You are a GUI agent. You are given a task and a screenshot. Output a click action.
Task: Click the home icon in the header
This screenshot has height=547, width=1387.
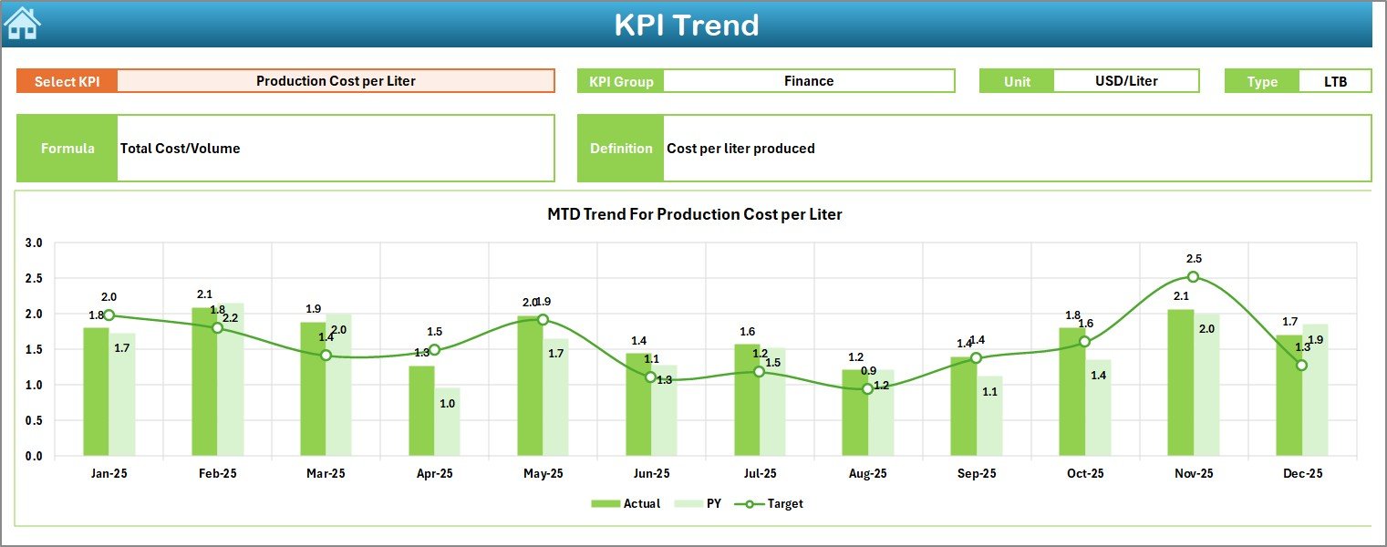click(x=22, y=24)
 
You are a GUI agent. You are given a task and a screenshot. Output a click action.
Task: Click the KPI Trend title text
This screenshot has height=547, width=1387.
click(x=686, y=25)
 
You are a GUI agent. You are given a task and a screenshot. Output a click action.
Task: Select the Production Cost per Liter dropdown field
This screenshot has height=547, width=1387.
click(x=336, y=81)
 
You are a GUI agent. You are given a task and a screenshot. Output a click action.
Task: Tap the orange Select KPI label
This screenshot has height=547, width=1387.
click(x=67, y=81)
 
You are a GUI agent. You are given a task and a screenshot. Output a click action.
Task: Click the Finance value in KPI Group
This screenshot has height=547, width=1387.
click(x=808, y=81)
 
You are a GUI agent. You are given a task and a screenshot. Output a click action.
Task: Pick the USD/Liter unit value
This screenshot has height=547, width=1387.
click(x=1125, y=81)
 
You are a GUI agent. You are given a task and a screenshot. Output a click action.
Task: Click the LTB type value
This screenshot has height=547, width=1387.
click(x=1335, y=81)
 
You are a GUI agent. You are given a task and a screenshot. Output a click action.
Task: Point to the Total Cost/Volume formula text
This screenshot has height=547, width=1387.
click(x=181, y=149)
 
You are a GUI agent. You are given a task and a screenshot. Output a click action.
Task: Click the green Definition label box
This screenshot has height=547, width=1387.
click(x=620, y=149)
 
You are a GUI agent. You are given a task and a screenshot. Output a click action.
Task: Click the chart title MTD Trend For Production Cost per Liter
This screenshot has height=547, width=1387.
click(x=694, y=214)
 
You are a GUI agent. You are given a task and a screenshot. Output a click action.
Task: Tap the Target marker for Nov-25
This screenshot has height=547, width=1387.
click(x=1193, y=276)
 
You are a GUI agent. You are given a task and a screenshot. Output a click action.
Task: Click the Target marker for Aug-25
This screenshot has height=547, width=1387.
click(x=867, y=389)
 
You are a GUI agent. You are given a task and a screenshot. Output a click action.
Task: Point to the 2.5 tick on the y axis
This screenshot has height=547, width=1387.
click(x=34, y=278)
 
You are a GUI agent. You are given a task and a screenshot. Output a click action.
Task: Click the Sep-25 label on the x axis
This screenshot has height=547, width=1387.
click(x=976, y=474)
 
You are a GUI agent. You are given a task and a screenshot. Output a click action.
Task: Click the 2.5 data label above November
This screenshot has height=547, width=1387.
click(x=1194, y=259)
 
